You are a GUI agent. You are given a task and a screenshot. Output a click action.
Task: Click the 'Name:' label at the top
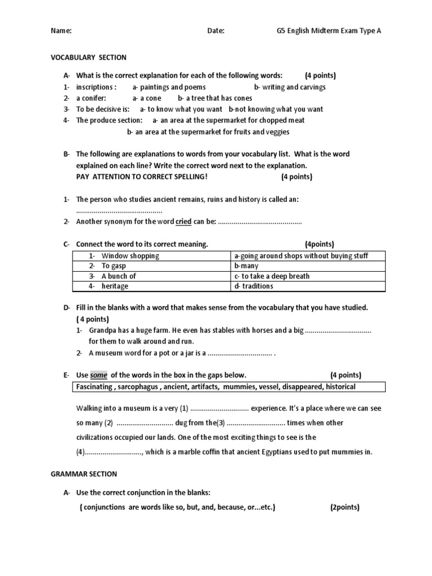coord(61,31)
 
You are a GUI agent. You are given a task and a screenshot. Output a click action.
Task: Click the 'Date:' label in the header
coord(215,31)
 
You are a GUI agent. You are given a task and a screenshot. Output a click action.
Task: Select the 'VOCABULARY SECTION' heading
coord(89,57)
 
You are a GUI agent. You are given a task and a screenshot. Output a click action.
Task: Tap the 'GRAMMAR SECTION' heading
coord(84,474)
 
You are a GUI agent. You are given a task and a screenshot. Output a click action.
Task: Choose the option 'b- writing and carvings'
coord(290,87)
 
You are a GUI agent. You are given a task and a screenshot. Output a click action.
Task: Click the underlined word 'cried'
coord(183,222)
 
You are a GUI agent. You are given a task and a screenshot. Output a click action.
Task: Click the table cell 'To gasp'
coord(114,266)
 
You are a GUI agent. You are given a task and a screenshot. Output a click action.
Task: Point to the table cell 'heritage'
coord(115,286)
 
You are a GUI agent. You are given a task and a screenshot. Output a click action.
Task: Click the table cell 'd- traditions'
coord(254,286)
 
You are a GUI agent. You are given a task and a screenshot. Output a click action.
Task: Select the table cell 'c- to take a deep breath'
coord(272,276)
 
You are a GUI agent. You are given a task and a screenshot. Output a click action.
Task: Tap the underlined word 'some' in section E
coord(98,375)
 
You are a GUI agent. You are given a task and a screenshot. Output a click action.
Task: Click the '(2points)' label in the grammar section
coord(344,507)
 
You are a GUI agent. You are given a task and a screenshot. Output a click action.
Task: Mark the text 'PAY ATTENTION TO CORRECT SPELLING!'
coord(142,177)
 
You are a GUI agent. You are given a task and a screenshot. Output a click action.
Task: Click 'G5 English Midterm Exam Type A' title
coord(325,31)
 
